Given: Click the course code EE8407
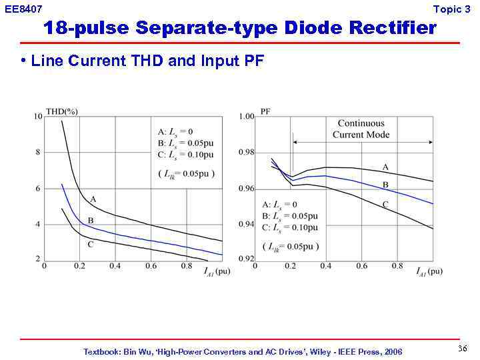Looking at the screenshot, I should coord(23,9).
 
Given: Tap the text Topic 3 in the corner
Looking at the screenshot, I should coord(451,9).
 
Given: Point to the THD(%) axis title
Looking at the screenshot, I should coord(62,111).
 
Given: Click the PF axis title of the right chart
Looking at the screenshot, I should coord(265,111).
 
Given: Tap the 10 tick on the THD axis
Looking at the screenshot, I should coord(38,117).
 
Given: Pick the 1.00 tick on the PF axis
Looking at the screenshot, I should coord(247,117).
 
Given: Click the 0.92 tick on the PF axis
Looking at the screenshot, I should coord(247,259).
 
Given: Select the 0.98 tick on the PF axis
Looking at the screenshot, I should coord(247,153).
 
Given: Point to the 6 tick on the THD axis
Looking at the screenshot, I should coord(38,189).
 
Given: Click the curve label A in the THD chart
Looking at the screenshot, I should coord(93,199).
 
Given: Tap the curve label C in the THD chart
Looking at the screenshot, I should coord(90,244).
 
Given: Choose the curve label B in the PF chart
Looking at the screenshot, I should coord(385,185).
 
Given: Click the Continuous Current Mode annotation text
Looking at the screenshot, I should coord(361,129).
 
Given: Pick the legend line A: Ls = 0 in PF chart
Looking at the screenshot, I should coord(280,205).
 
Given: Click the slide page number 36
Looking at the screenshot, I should coord(463,349).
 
